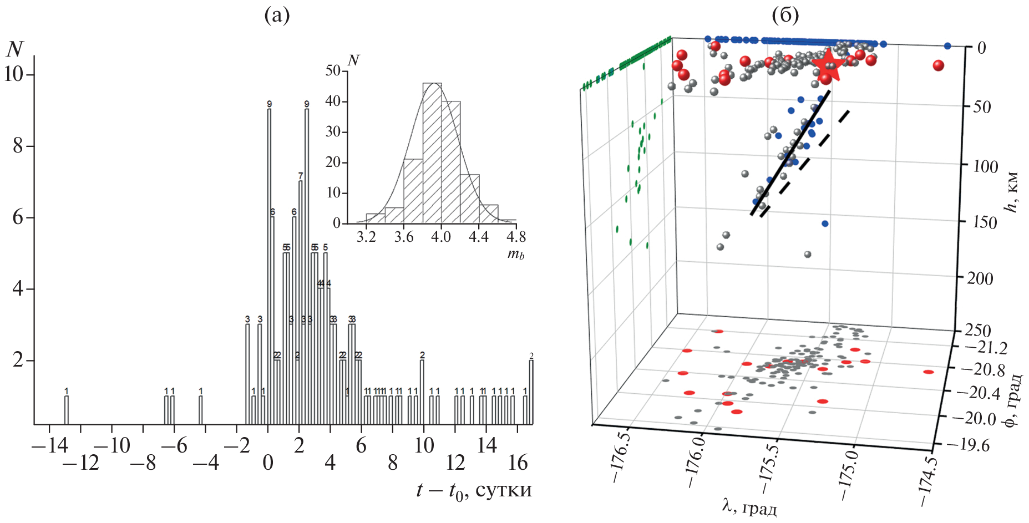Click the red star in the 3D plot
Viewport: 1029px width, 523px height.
pos(828,64)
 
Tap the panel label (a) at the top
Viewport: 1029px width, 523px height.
pos(277,16)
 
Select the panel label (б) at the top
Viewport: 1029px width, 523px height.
pos(785,16)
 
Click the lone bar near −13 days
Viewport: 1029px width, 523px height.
pos(67,410)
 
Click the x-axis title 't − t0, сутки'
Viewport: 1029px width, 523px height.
pos(474,490)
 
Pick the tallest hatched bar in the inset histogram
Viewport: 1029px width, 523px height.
pos(432,153)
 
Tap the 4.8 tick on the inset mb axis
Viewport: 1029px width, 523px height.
pos(515,237)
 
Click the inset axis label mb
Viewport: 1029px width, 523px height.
pos(515,254)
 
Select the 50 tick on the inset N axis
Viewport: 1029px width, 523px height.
pos(333,70)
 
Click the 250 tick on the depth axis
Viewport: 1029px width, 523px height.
pos(977,330)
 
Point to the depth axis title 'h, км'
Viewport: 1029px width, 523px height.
pos(1013,192)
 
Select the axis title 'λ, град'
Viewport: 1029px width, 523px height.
pos(749,506)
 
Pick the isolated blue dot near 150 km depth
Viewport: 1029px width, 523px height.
pos(825,224)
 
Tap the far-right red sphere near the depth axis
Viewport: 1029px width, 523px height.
pos(938,65)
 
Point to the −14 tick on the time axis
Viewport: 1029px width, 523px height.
pos(49,445)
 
